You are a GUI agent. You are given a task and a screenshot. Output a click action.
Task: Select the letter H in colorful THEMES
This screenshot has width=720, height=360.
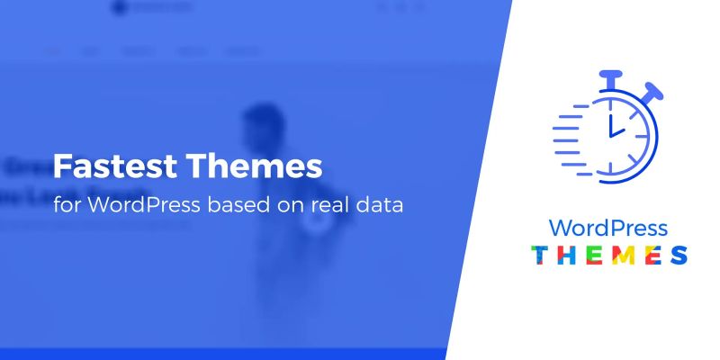point(568,255)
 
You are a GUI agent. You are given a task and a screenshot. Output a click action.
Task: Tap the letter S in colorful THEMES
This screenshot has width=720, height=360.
point(679,255)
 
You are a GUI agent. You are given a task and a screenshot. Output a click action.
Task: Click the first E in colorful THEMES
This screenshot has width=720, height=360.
point(595,255)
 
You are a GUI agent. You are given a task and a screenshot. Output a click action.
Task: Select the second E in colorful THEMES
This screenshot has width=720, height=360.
point(652,255)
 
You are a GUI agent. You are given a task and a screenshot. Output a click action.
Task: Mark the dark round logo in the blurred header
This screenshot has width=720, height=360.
point(116,9)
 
